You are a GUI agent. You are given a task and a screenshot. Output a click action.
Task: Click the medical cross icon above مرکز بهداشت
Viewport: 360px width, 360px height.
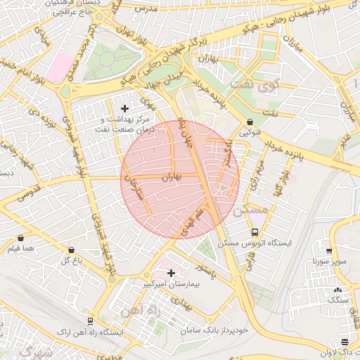pos(125,108)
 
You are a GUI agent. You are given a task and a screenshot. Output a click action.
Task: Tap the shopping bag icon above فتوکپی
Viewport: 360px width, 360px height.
pos(250,122)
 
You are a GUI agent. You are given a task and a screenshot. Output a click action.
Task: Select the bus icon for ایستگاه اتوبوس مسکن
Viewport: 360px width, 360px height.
pos(255,232)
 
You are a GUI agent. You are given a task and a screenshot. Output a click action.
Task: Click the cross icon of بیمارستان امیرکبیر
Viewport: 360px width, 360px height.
pos(171,272)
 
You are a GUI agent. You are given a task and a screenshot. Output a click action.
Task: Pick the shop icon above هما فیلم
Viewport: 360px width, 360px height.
pos(20,238)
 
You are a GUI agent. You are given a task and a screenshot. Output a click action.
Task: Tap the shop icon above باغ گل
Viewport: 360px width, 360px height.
pos(71,250)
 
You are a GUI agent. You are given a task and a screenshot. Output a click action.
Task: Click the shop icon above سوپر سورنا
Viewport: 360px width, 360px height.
pos(328,250)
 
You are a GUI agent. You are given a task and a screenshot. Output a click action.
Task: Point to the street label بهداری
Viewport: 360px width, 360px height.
pos(181,304)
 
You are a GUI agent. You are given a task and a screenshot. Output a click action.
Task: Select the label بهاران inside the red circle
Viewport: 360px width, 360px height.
pos(172,179)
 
